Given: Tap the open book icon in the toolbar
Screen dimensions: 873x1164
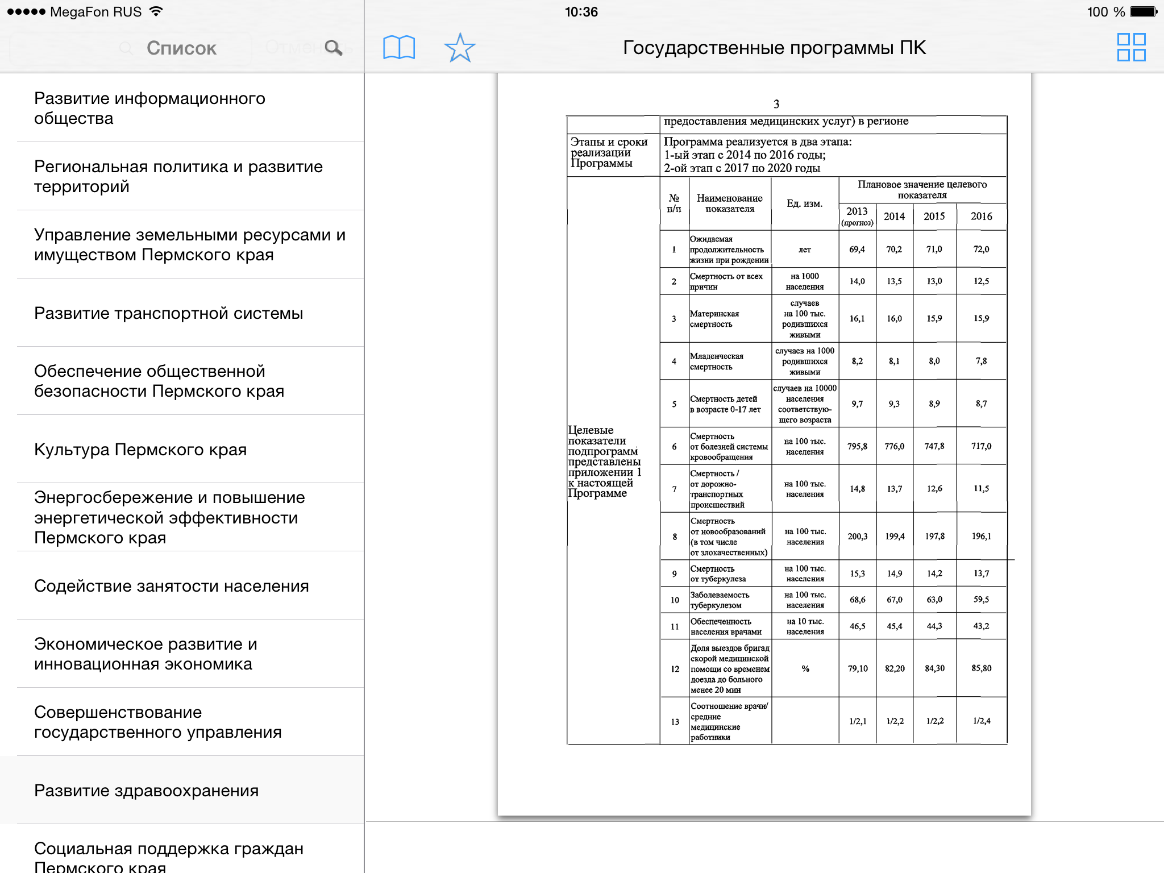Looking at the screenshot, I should pyautogui.click(x=399, y=48).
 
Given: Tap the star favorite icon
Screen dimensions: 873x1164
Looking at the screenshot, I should pyautogui.click(x=459, y=48).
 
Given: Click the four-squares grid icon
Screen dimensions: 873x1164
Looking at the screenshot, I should pyautogui.click(x=1131, y=47).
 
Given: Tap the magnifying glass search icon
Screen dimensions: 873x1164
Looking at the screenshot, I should pyautogui.click(x=334, y=48).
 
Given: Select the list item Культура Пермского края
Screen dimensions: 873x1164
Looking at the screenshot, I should pyautogui.click(x=140, y=450).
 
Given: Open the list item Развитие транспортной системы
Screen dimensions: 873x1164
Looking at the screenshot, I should pyautogui.click(x=168, y=313).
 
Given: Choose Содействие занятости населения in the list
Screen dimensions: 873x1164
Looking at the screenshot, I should pyautogui.click(x=171, y=586).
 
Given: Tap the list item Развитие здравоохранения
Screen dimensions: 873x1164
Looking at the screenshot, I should pyautogui.click(x=146, y=791).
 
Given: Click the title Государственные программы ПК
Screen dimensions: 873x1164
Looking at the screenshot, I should pyautogui.click(x=774, y=48).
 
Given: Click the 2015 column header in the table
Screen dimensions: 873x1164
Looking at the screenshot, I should pyautogui.click(x=934, y=217).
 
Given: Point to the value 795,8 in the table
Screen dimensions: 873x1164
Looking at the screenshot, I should pyautogui.click(x=857, y=447).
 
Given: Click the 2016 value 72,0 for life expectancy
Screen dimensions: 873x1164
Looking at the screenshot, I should pyautogui.click(x=981, y=250).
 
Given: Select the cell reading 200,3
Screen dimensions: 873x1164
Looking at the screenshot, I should pyautogui.click(x=857, y=537).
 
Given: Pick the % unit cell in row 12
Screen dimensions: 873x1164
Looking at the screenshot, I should pyautogui.click(x=805, y=669).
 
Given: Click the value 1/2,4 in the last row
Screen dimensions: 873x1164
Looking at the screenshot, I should pyautogui.click(x=982, y=721).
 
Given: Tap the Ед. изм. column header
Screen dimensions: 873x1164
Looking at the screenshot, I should pyautogui.click(x=804, y=203).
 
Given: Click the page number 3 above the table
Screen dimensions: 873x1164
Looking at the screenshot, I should pyautogui.click(x=776, y=104).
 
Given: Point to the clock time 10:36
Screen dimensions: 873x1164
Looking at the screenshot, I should pyautogui.click(x=581, y=12).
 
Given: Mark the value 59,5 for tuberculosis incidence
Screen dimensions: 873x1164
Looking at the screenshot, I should pyautogui.click(x=981, y=600).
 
